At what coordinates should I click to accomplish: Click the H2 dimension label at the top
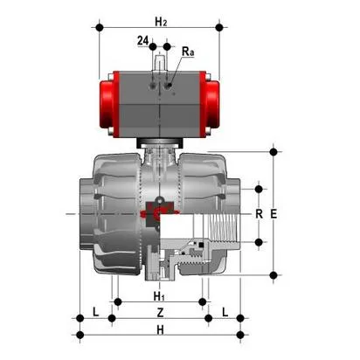[160, 18]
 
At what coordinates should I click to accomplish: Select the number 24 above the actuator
[142, 40]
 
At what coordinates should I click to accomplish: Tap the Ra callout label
[187, 52]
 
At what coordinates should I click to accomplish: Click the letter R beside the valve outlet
[258, 213]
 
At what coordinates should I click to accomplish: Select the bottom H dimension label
[159, 329]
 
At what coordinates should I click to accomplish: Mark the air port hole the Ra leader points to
[171, 88]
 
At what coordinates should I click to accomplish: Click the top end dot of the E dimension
[274, 151]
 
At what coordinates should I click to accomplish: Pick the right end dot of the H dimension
[241, 335]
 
